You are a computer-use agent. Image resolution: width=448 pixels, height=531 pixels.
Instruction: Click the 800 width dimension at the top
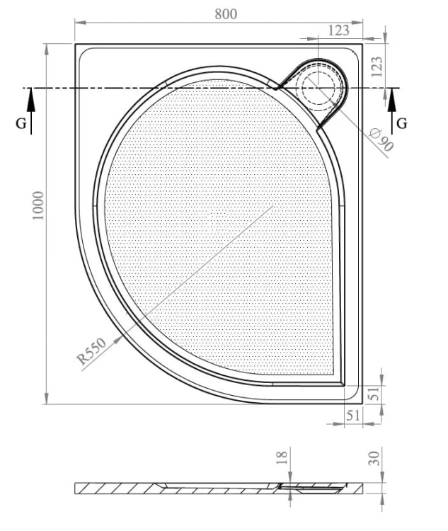point(226,14)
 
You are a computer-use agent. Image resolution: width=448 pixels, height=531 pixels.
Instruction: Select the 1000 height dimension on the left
point(38,205)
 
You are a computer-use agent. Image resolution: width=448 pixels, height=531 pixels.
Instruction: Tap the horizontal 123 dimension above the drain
point(338,30)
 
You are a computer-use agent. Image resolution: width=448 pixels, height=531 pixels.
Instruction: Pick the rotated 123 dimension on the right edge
point(377,67)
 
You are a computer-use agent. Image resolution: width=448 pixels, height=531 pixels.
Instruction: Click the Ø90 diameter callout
point(381,139)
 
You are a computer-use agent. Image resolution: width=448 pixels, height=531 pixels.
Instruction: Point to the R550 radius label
point(91,351)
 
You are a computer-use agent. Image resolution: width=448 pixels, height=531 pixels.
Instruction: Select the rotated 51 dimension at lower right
point(374,394)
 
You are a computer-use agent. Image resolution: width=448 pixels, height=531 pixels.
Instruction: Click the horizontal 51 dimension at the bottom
point(353,415)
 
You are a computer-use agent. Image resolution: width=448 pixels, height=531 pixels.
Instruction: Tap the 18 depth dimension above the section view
point(282,457)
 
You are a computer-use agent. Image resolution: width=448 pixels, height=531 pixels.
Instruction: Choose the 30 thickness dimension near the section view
point(374,459)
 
